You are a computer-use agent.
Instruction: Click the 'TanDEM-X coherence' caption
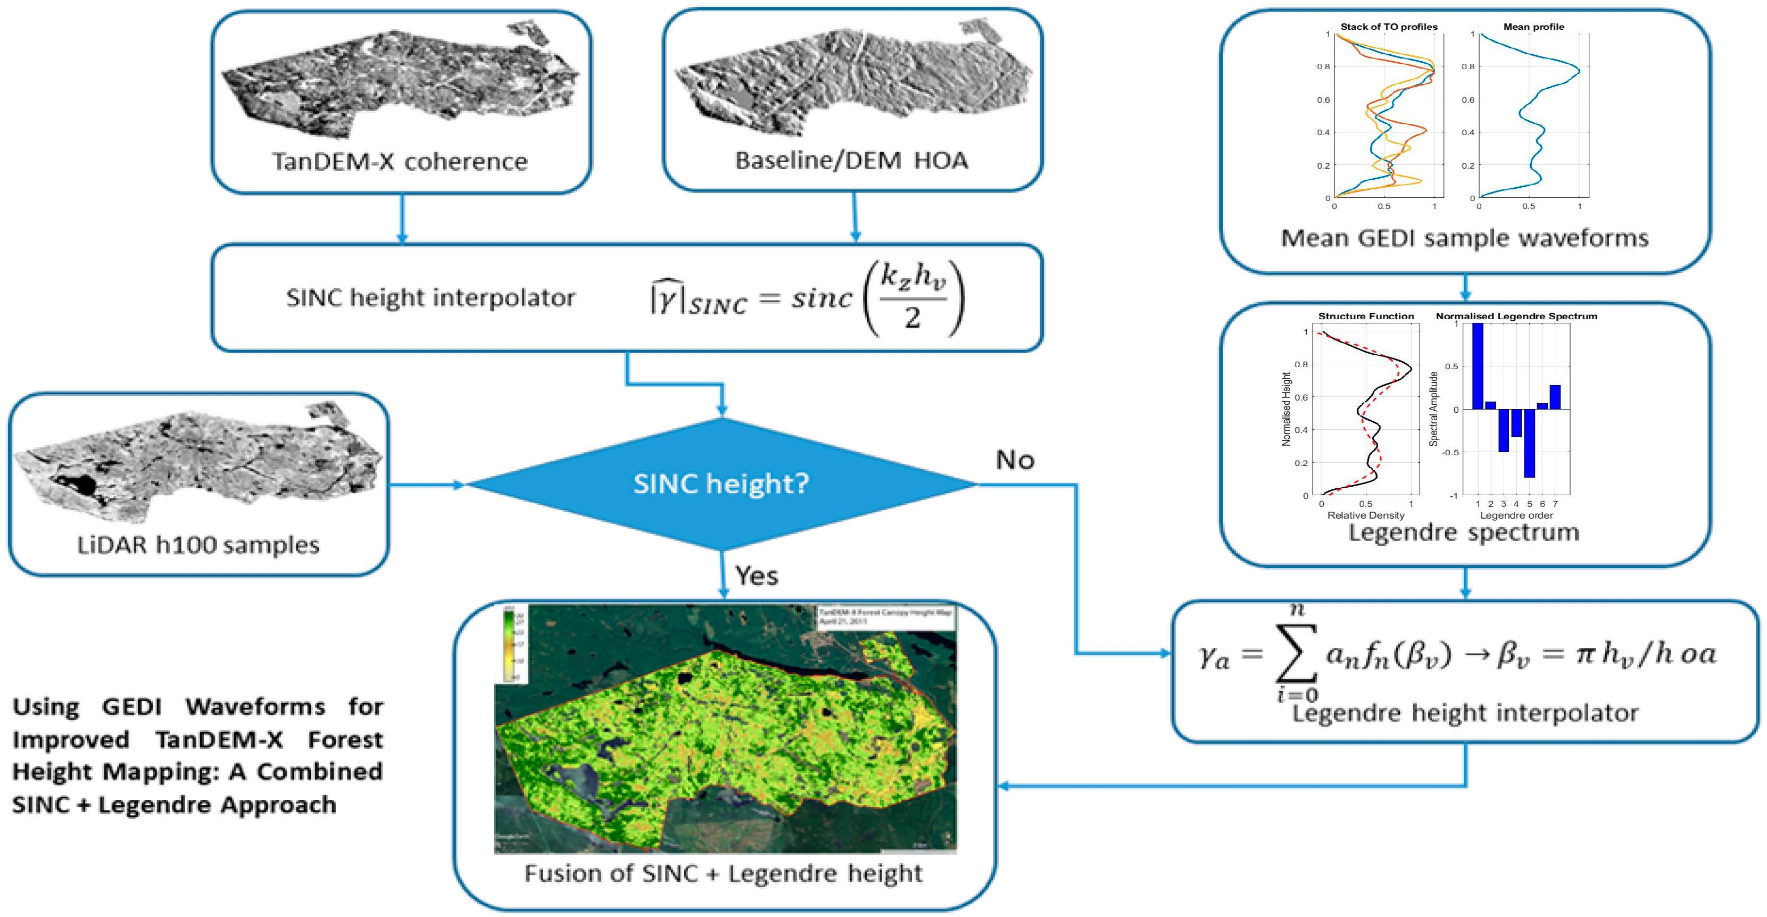[400, 162]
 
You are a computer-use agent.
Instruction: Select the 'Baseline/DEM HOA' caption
[851, 161]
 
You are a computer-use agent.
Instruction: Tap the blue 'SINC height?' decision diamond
[721, 484]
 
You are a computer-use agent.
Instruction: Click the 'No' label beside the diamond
[1015, 460]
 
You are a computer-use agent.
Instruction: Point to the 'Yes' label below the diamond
[757, 576]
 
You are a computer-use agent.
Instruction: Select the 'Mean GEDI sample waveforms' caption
[1464, 238]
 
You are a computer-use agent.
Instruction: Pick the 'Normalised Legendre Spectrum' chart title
[1516, 316]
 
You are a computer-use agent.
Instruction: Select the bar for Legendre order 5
[1529, 443]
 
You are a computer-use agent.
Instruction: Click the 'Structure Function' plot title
[1366, 316]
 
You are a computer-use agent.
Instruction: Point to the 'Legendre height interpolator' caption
[1464, 713]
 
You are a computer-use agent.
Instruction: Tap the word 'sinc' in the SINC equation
[821, 298]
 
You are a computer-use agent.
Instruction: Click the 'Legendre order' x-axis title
[1516, 515]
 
